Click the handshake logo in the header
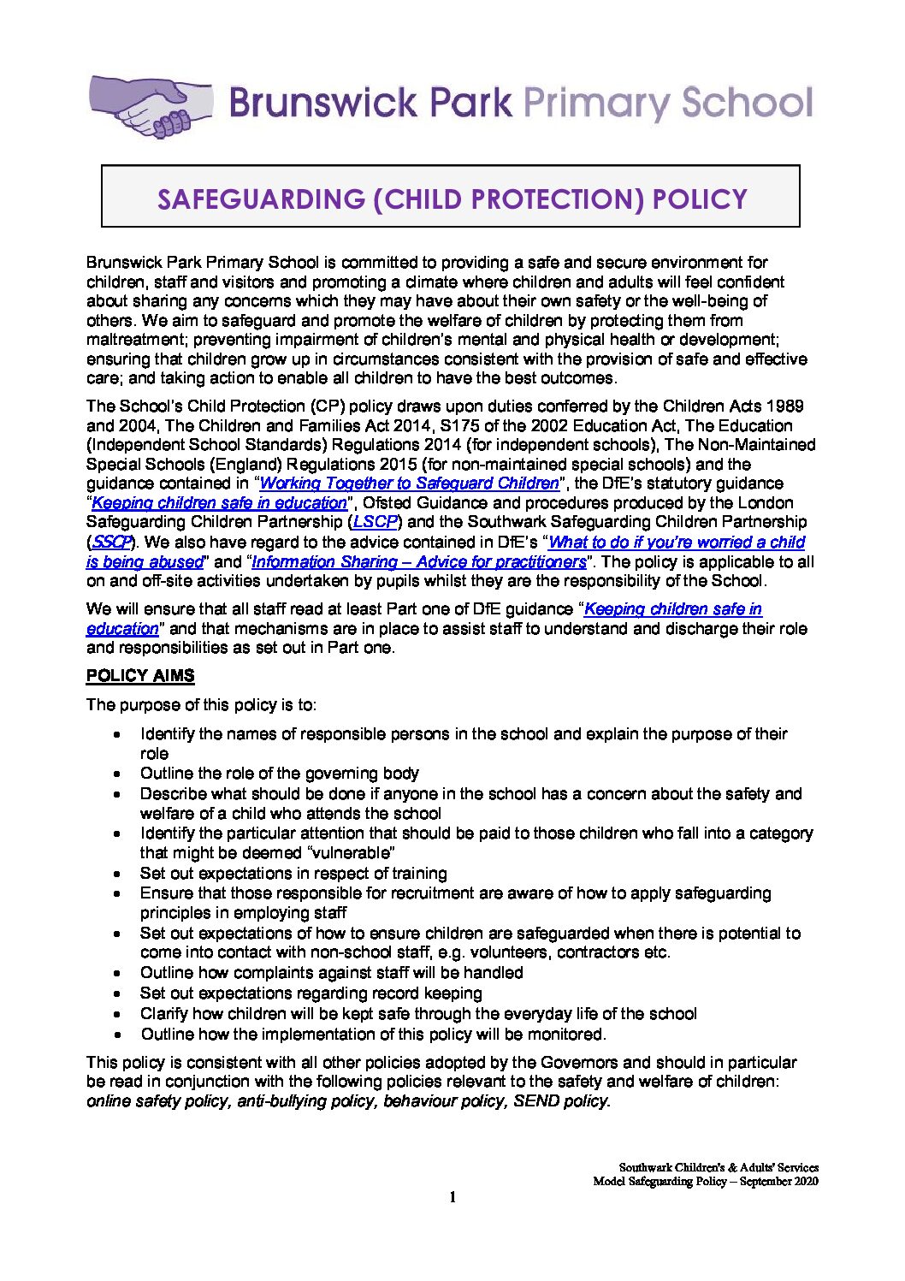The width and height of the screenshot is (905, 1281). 151,106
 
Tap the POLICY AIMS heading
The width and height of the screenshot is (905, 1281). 140,676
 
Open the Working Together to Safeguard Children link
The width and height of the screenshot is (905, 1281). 409,483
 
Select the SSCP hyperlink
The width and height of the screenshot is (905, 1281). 109,542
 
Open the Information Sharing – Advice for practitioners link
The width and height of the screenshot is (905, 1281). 419,562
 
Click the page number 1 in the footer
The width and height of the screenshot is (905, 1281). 452,1197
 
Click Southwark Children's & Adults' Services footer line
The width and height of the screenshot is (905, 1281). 719,1167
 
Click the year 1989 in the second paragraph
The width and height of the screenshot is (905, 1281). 785,406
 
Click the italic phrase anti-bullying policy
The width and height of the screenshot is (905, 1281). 306,1101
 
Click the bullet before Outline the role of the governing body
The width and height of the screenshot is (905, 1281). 119,774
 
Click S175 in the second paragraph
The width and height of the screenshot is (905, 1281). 461,426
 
